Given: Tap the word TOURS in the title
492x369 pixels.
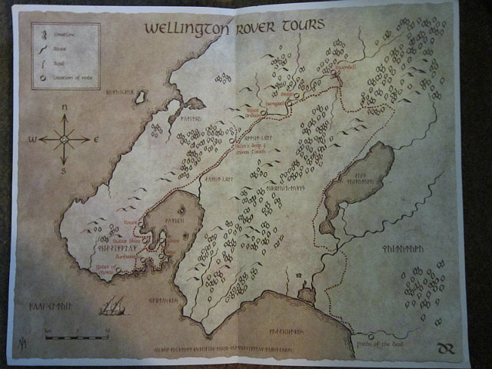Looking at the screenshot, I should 302,24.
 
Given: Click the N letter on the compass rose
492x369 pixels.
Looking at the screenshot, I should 64,107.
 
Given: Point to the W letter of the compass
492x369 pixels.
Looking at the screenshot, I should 32,140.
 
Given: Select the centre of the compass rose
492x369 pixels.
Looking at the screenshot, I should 64,139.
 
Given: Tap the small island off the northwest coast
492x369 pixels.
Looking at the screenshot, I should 141,97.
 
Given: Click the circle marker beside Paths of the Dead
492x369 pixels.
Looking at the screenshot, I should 371,336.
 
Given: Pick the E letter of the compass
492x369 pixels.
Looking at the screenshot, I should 96,140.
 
